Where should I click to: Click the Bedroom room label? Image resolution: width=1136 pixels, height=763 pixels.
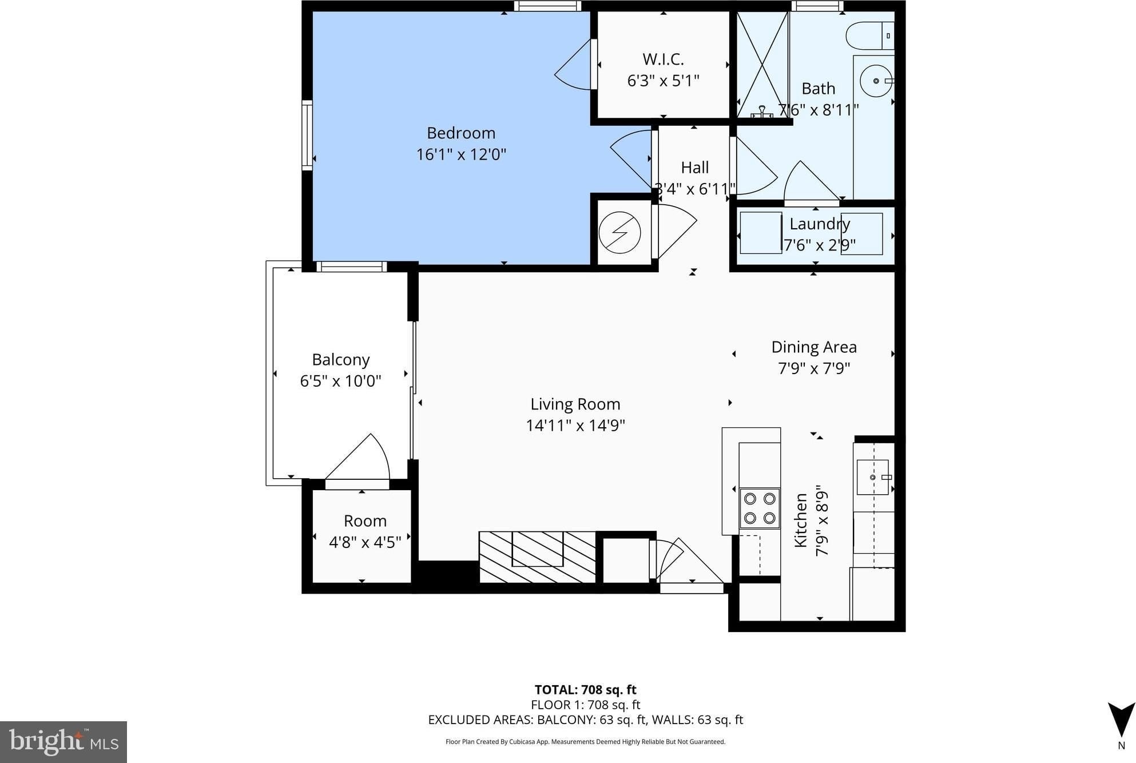click(x=461, y=133)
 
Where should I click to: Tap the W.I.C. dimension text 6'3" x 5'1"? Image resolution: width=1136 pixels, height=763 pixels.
click(x=664, y=81)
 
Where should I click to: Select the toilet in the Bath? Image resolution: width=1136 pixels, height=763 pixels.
click(x=869, y=35)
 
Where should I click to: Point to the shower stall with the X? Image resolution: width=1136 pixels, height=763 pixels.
click(x=762, y=65)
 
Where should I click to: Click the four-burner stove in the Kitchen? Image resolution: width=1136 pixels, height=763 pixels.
click(x=760, y=508)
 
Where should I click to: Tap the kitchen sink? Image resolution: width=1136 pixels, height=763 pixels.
click(x=872, y=477)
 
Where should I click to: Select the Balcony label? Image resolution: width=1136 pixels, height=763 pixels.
click(x=341, y=360)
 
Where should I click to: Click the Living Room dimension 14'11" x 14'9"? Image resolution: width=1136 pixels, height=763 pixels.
click(x=575, y=426)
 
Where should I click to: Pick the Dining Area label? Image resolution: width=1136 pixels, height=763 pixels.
click(x=814, y=347)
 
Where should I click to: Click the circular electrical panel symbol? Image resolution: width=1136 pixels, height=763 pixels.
click(x=619, y=233)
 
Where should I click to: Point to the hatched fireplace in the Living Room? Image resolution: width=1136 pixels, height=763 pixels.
click(x=537, y=557)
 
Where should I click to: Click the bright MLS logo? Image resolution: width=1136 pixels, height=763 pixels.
click(x=63, y=742)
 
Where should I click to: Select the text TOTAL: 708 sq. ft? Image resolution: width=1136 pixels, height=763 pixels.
click(x=585, y=690)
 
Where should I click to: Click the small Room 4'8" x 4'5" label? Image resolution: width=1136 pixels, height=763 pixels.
click(x=365, y=531)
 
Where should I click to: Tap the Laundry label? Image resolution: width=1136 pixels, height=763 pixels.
click(x=820, y=224)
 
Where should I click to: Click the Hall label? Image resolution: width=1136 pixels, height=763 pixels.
click(x=694, y=168)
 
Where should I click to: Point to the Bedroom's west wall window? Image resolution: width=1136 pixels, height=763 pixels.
click(x=307, y=135)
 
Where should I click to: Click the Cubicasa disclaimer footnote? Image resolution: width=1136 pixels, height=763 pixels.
click(x=585, y=742)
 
